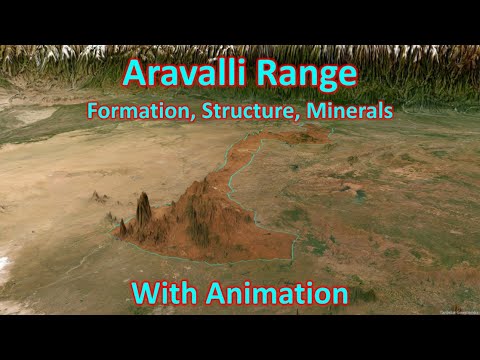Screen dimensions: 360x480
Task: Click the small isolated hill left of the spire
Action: pyautogui.click(x=99, y=197)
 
